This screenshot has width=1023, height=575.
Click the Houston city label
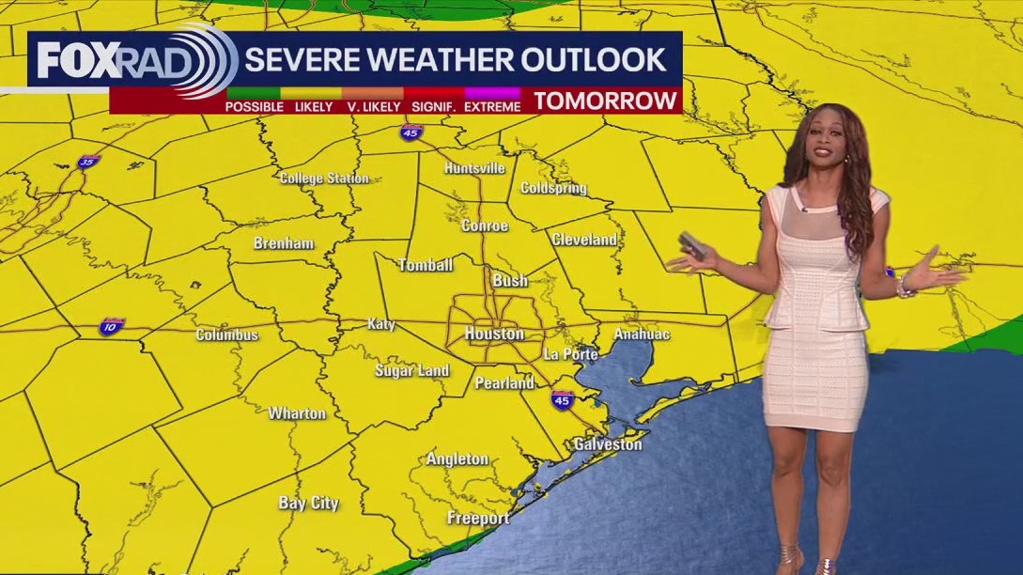coord(494,334)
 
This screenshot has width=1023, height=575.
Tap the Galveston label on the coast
coord(608,443)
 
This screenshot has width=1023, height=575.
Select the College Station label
coord(324,179)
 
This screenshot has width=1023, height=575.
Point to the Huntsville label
coord(475,168)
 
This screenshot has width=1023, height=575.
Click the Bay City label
coord(308,503)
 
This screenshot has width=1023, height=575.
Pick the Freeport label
coord(478,518)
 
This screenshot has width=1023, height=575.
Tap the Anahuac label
coord(642,334)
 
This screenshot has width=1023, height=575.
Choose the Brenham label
coord(284,243)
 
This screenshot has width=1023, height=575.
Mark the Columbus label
coord(226,334)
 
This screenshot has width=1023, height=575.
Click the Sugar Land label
coord(412,370)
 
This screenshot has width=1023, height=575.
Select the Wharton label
coord(297,412)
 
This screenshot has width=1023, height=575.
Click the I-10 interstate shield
coord(111,327)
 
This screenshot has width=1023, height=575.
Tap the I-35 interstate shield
coord(89,162)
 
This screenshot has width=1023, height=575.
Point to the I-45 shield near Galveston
coord(562,399)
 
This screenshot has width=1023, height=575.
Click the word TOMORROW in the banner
coord(606,101)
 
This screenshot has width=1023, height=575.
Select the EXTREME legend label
coord(492,107)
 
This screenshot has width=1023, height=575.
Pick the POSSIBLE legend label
coord(255,107)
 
